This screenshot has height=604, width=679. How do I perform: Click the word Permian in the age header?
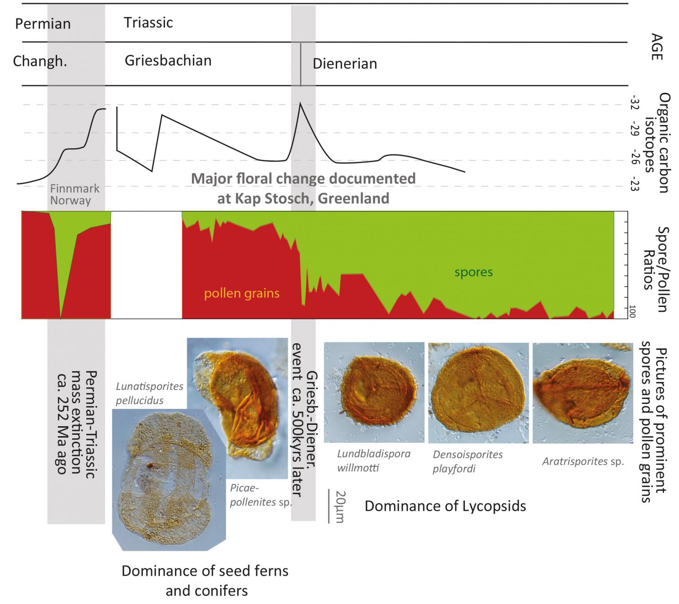(x=43, y=24)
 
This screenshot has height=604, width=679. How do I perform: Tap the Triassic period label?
(x=149, y=23)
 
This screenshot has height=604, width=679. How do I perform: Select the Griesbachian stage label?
(x=168, y=60)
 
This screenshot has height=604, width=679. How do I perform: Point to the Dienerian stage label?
(x=345, y=64)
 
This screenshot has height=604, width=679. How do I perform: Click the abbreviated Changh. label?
(x=40, y=61)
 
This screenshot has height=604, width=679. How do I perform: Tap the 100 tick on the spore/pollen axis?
(x=632, y=312)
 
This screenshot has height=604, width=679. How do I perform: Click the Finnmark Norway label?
(x=75, y=194)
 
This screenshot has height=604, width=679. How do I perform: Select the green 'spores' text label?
(x=473, y=272)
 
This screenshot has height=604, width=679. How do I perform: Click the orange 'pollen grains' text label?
(x=241, y=293)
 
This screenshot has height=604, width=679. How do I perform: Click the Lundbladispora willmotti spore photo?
(x=374, y=392)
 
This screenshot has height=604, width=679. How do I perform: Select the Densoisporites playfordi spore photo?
(x=478, y=392)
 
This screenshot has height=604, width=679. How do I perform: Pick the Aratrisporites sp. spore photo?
(x=583, y=392)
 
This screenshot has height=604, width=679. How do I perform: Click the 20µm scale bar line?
(x=329, y=506)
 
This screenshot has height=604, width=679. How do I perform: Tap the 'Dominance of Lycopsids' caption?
(x=445, y=506)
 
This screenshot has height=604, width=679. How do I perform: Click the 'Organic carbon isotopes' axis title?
(x=657, y=142)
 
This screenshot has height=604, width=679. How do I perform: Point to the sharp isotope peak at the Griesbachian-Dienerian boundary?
(x=300, y=103)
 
